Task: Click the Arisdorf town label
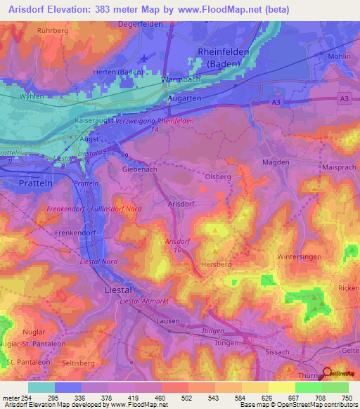181,203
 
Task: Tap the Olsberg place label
217,176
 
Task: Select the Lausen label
169,321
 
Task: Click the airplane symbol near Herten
146,58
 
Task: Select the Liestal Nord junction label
100,261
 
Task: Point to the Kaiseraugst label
98,122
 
